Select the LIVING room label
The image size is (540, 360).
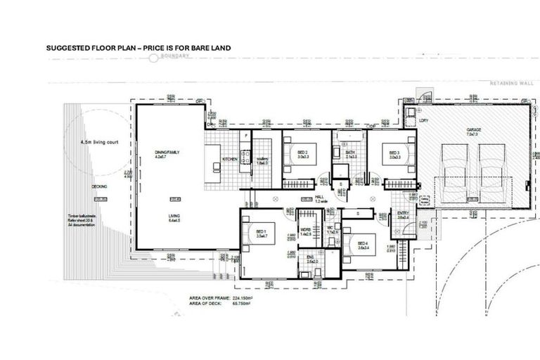tap(174, 217)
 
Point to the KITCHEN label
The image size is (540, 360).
tap(230, 160)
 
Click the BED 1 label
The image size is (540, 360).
tap(261, 232)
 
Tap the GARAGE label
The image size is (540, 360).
tap(472, 131)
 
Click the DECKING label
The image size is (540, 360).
tap(99, 186)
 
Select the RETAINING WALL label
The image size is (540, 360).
tap(512, 83)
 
